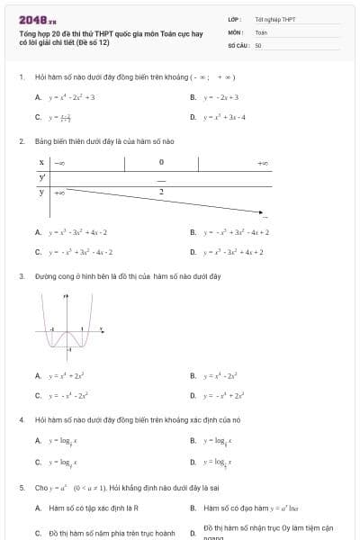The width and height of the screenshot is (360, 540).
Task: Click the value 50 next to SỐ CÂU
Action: pyautogui.click(x=258, y=44)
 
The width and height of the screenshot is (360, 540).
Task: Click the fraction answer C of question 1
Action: pyautogui.click(x=61, y=117)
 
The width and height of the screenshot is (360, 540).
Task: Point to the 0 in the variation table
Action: pyautogui.click(x=161, y=163)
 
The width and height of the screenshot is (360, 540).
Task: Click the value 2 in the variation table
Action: pyautogui.click(x=161, y=192)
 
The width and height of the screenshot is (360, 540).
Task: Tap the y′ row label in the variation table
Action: pyautogui.click(x=42, y=177)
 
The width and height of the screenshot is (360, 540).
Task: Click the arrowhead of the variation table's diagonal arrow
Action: pyautogui.click(x=262, y=214)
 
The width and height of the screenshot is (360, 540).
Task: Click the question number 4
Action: pyautogui.click(x=21, y=419)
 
